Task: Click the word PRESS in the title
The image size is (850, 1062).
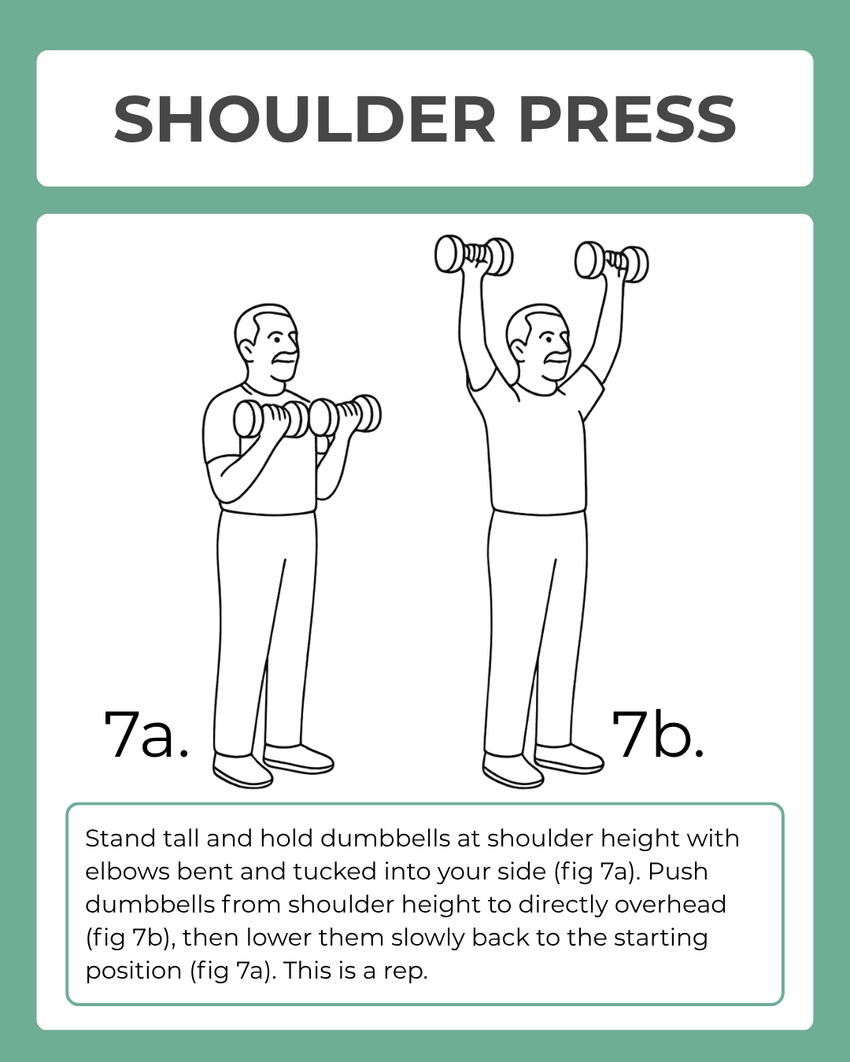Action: pos(626,120)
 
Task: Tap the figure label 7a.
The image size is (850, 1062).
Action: pos(146,735)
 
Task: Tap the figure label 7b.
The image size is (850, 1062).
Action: pos(658,735)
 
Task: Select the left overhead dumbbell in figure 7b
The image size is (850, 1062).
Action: pos(474,256)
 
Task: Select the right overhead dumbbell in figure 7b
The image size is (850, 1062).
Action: pos(612,262)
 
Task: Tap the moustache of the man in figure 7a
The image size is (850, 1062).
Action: pos(284,358)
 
